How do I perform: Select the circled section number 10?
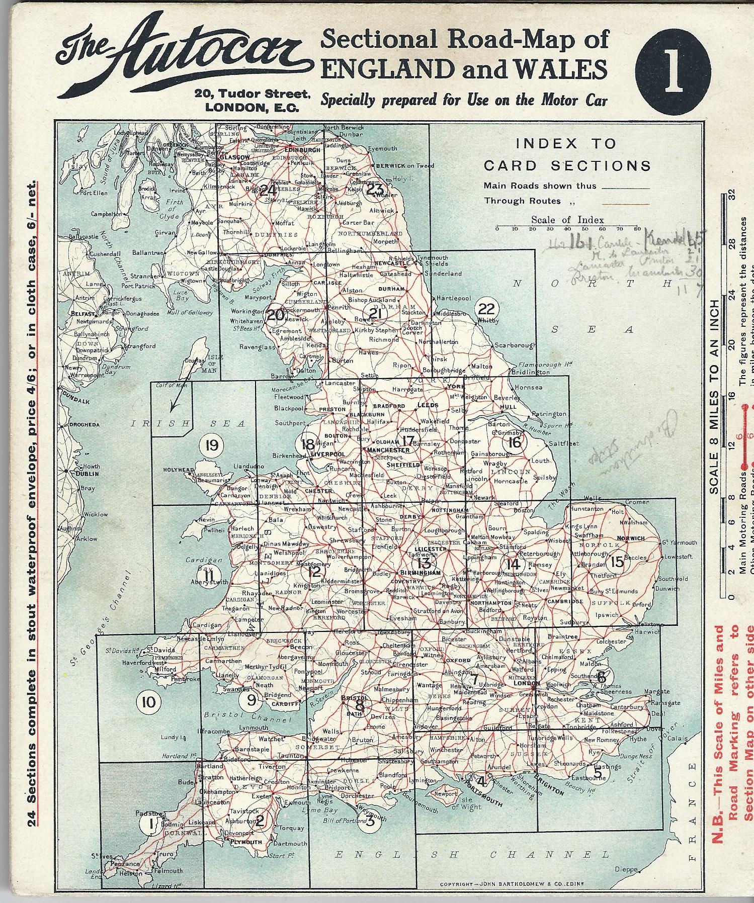tap(149, 701)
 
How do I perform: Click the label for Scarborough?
tap(515, 345)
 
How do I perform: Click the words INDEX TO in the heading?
tap(566, 144)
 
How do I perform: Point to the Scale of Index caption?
tap(567, 220)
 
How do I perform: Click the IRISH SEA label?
tap(188, 424)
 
